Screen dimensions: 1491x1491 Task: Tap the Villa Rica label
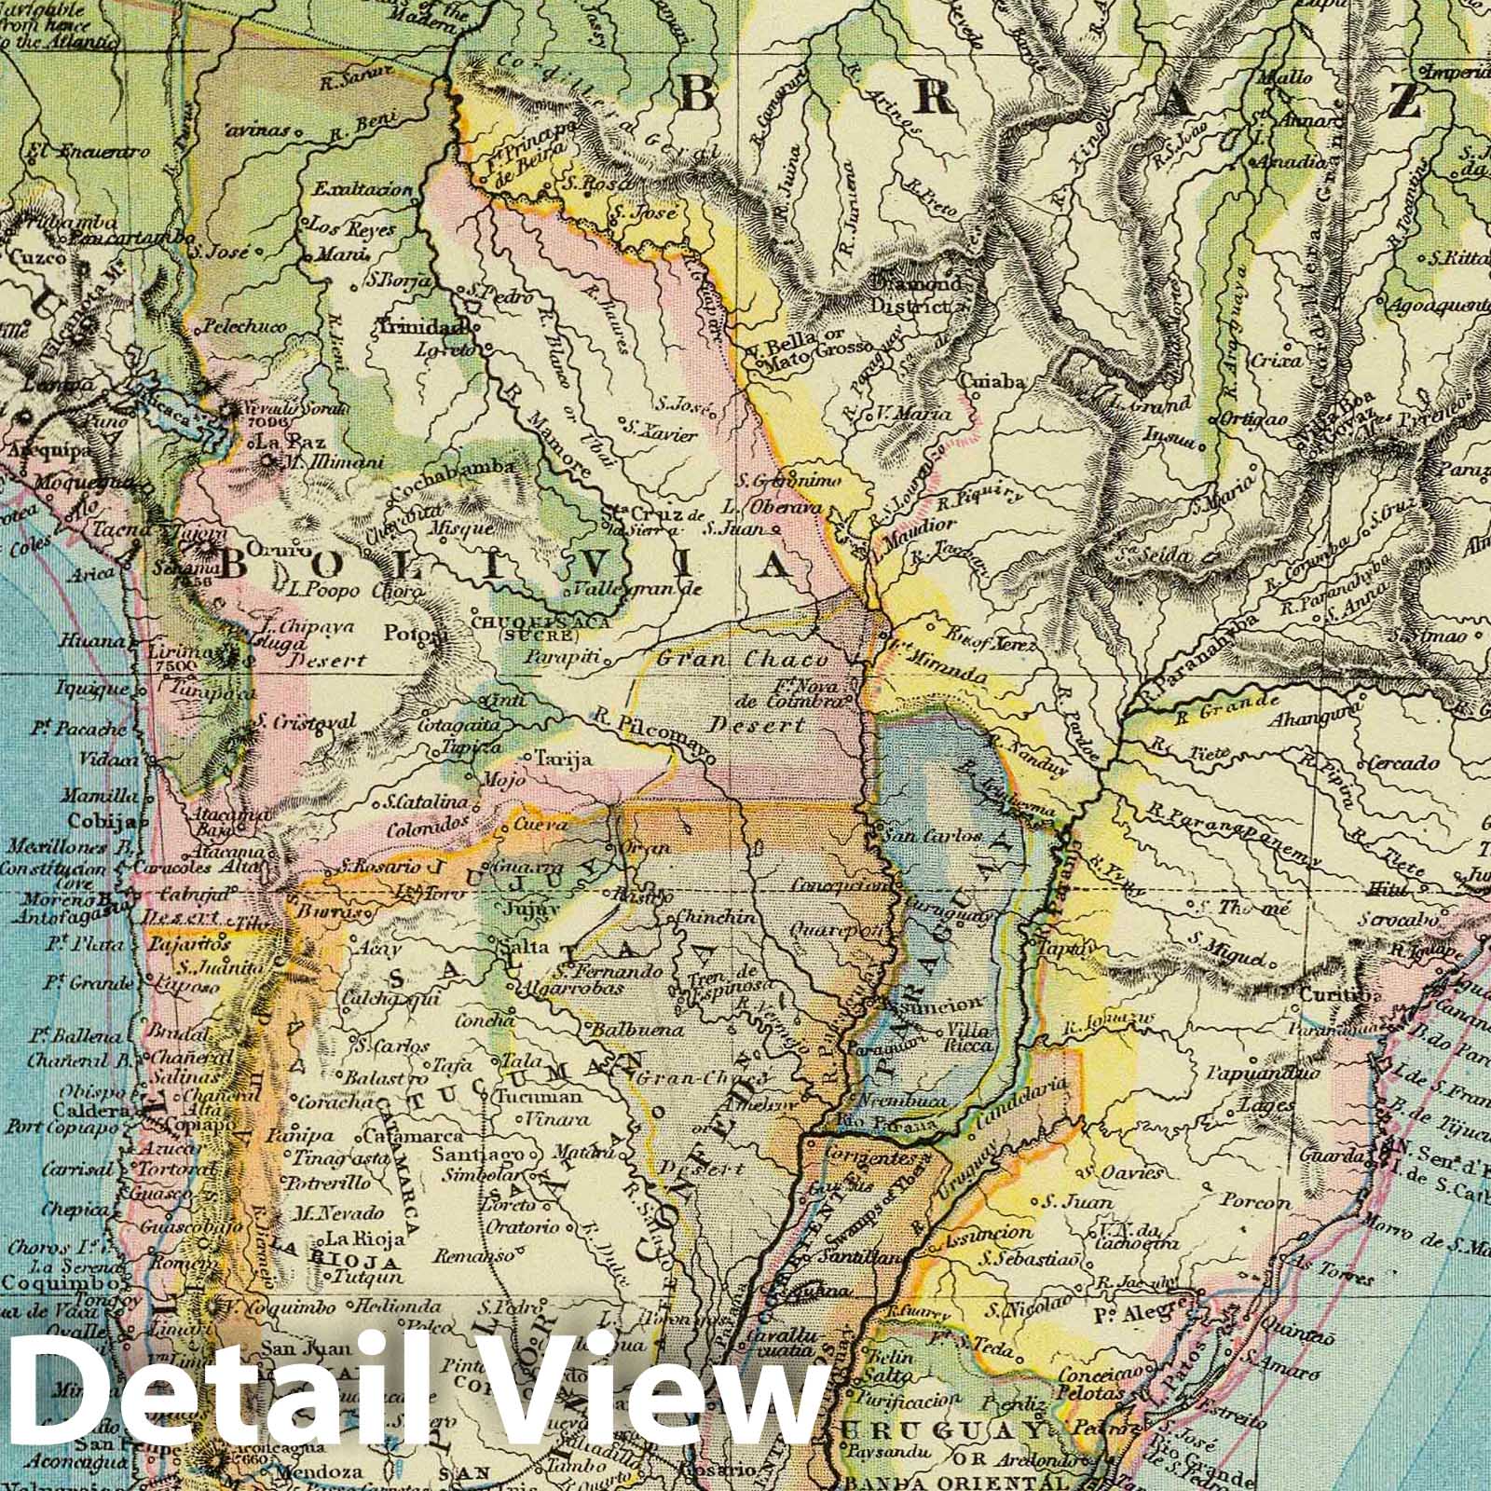968,1038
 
